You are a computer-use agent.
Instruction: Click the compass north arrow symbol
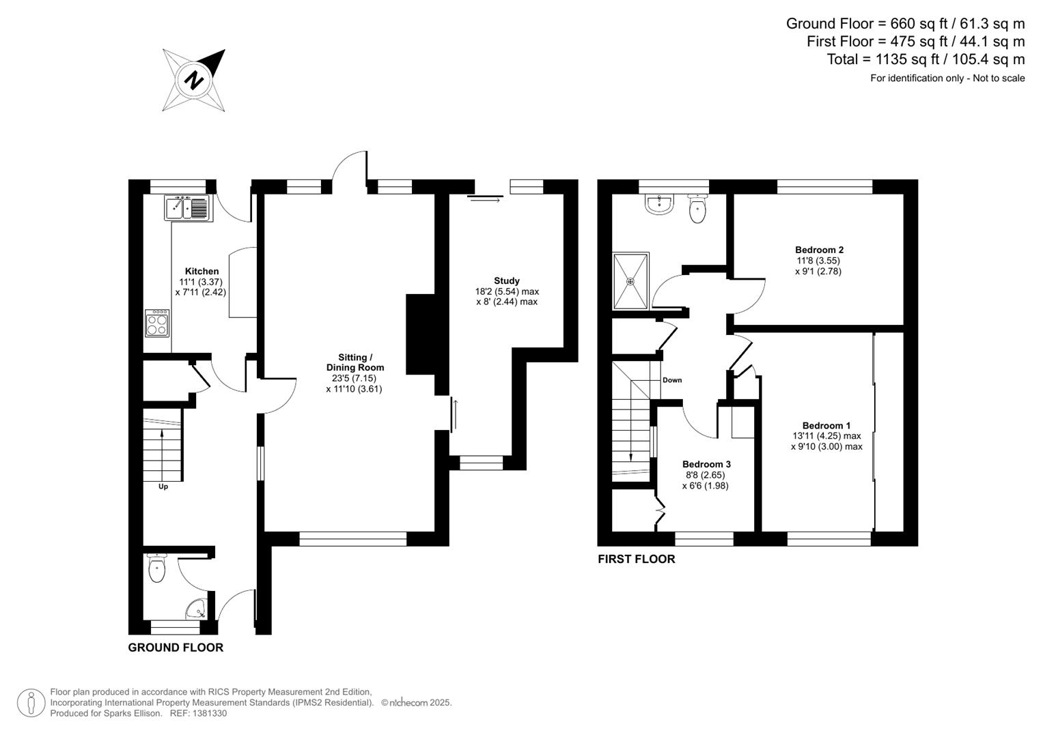point(194,80)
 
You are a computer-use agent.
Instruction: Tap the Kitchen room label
point(201,272)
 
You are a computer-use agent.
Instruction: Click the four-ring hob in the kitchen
point(157,323)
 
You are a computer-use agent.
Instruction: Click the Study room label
point(507,281)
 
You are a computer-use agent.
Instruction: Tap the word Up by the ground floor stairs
point(163,487)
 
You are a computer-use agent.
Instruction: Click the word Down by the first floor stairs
point(671,380)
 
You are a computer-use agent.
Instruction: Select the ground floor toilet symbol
point(157,568)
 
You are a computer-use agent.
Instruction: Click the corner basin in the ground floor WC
point(197,608)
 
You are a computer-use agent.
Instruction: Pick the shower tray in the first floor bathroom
point(630,280)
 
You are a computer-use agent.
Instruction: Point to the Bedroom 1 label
point(826,425)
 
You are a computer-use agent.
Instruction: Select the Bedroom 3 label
point(706,464)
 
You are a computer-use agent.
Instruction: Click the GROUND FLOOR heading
point(176,648)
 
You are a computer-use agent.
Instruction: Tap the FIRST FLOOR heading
point(636,559)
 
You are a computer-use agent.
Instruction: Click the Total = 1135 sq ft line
point(925,59)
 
